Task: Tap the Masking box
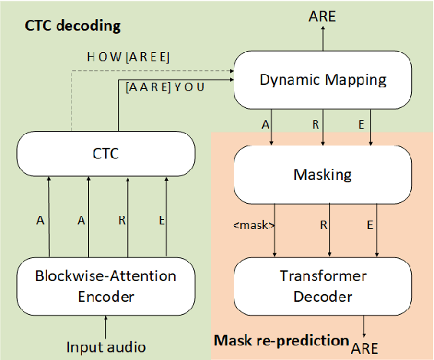(x=323, y=175)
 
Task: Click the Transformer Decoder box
(x=323, y=286)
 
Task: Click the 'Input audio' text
(x=105, y=346)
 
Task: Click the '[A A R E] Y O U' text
(x=165, y=87)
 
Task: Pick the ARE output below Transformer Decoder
(x=365, y=349)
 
